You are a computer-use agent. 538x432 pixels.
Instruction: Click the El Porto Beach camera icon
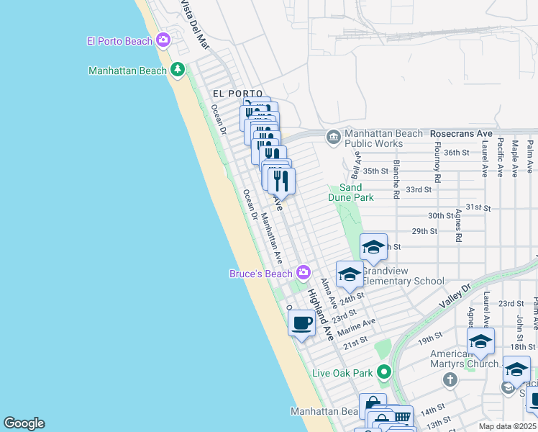(163, 40)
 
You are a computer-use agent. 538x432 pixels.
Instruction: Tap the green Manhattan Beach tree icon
(178, 70)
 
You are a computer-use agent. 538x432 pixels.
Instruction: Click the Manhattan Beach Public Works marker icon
(333, 137)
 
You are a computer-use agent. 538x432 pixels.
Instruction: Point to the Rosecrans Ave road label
(460, 134)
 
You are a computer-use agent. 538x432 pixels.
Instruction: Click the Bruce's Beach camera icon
(304, 272)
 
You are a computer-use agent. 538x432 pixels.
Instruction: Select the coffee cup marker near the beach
(301, 323)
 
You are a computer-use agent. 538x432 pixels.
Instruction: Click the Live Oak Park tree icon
(384, 372)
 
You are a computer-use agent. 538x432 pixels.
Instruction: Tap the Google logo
(24, 423)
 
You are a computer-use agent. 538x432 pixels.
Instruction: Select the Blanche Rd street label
(396, 179)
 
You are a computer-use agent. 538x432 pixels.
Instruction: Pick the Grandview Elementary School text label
(403, 276)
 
